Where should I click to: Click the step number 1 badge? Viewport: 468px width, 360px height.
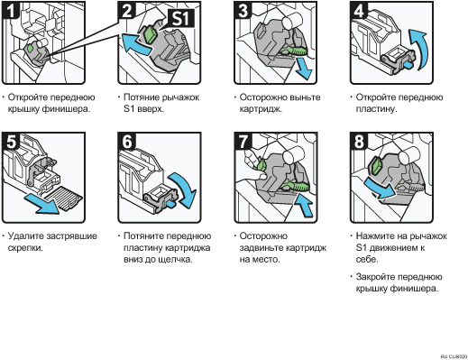point(10,10)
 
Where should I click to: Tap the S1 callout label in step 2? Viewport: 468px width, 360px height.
point(180,18)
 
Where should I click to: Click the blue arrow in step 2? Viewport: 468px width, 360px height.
point(136,44)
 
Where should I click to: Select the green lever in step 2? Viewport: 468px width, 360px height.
point(150,33)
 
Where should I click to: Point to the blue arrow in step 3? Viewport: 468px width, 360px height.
point(303,69)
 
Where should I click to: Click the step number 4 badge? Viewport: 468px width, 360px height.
point(358,10)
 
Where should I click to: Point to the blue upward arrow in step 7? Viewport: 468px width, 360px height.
point(304,205)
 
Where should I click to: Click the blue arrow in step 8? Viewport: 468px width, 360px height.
point(380,188)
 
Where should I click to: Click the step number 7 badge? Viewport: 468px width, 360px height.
point(243,141)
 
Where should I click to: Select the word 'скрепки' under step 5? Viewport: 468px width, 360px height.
point(25,248)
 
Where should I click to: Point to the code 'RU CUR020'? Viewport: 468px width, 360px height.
point(454,356)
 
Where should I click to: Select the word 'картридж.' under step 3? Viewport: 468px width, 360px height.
point(261,109)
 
